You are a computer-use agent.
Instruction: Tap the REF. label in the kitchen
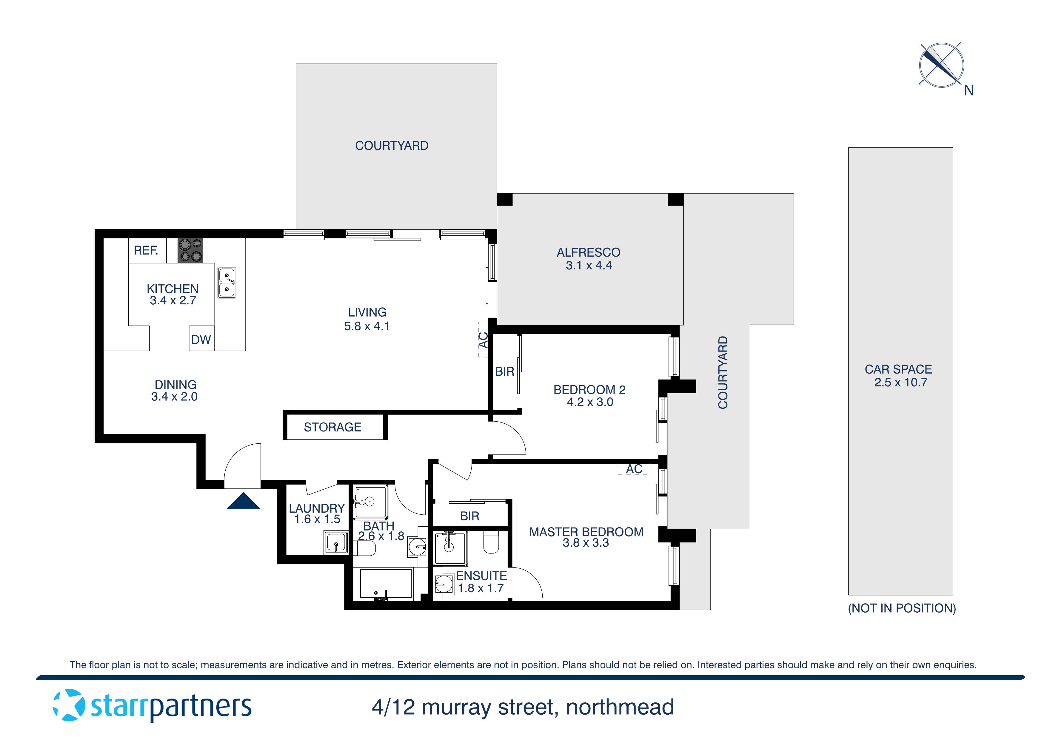146,250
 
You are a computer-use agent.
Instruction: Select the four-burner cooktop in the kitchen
190,251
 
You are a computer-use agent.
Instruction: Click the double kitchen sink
227,283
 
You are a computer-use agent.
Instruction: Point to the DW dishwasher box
201,339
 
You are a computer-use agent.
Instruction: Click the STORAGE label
332,427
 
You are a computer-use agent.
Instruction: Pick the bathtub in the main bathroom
386,584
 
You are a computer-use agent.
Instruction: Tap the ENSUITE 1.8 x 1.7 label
481,582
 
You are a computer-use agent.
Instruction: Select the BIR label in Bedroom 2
504,371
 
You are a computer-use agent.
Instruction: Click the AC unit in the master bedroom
634,469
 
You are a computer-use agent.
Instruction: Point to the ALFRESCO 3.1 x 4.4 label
588,258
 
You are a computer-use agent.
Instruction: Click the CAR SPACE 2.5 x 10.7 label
898,376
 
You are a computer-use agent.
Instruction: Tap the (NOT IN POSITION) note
902,608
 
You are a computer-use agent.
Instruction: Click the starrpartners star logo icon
69,705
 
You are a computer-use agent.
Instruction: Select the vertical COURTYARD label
723,372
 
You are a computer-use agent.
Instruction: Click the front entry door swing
242,465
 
